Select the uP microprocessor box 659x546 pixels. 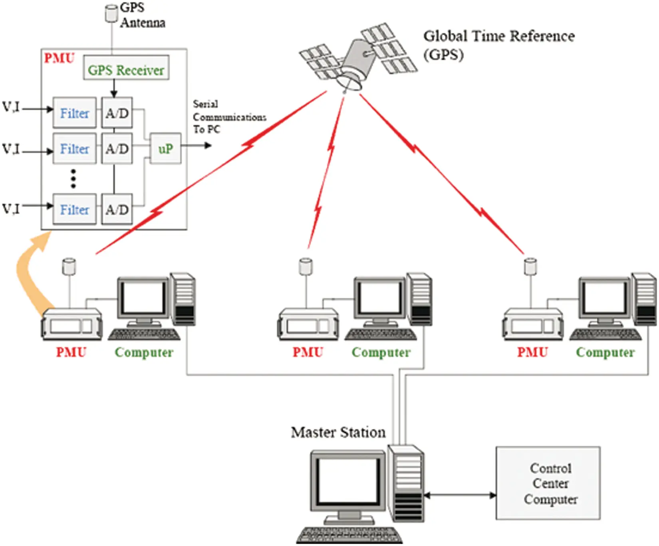click(x=165, y=148)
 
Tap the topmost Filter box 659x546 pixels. click(x=75, y=113)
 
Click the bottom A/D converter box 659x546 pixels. click(x=117, y=209)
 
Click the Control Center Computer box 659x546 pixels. click(x=548, y=483)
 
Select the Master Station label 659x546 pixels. click(x=338, y=432)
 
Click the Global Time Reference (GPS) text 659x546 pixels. click(x=498, y=44)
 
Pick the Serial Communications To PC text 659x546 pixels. click(x=228, y=117)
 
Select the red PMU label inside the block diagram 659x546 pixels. click(x=59, y=58)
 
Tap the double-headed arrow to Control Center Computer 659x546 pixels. click(x=460, y=495)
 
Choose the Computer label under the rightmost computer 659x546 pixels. click(x=605, y=352)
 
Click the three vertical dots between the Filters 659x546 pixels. click(x=73, y=178)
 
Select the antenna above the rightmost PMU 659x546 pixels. click(x=530, y=266)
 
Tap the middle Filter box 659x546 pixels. click(x=75, y=148)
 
